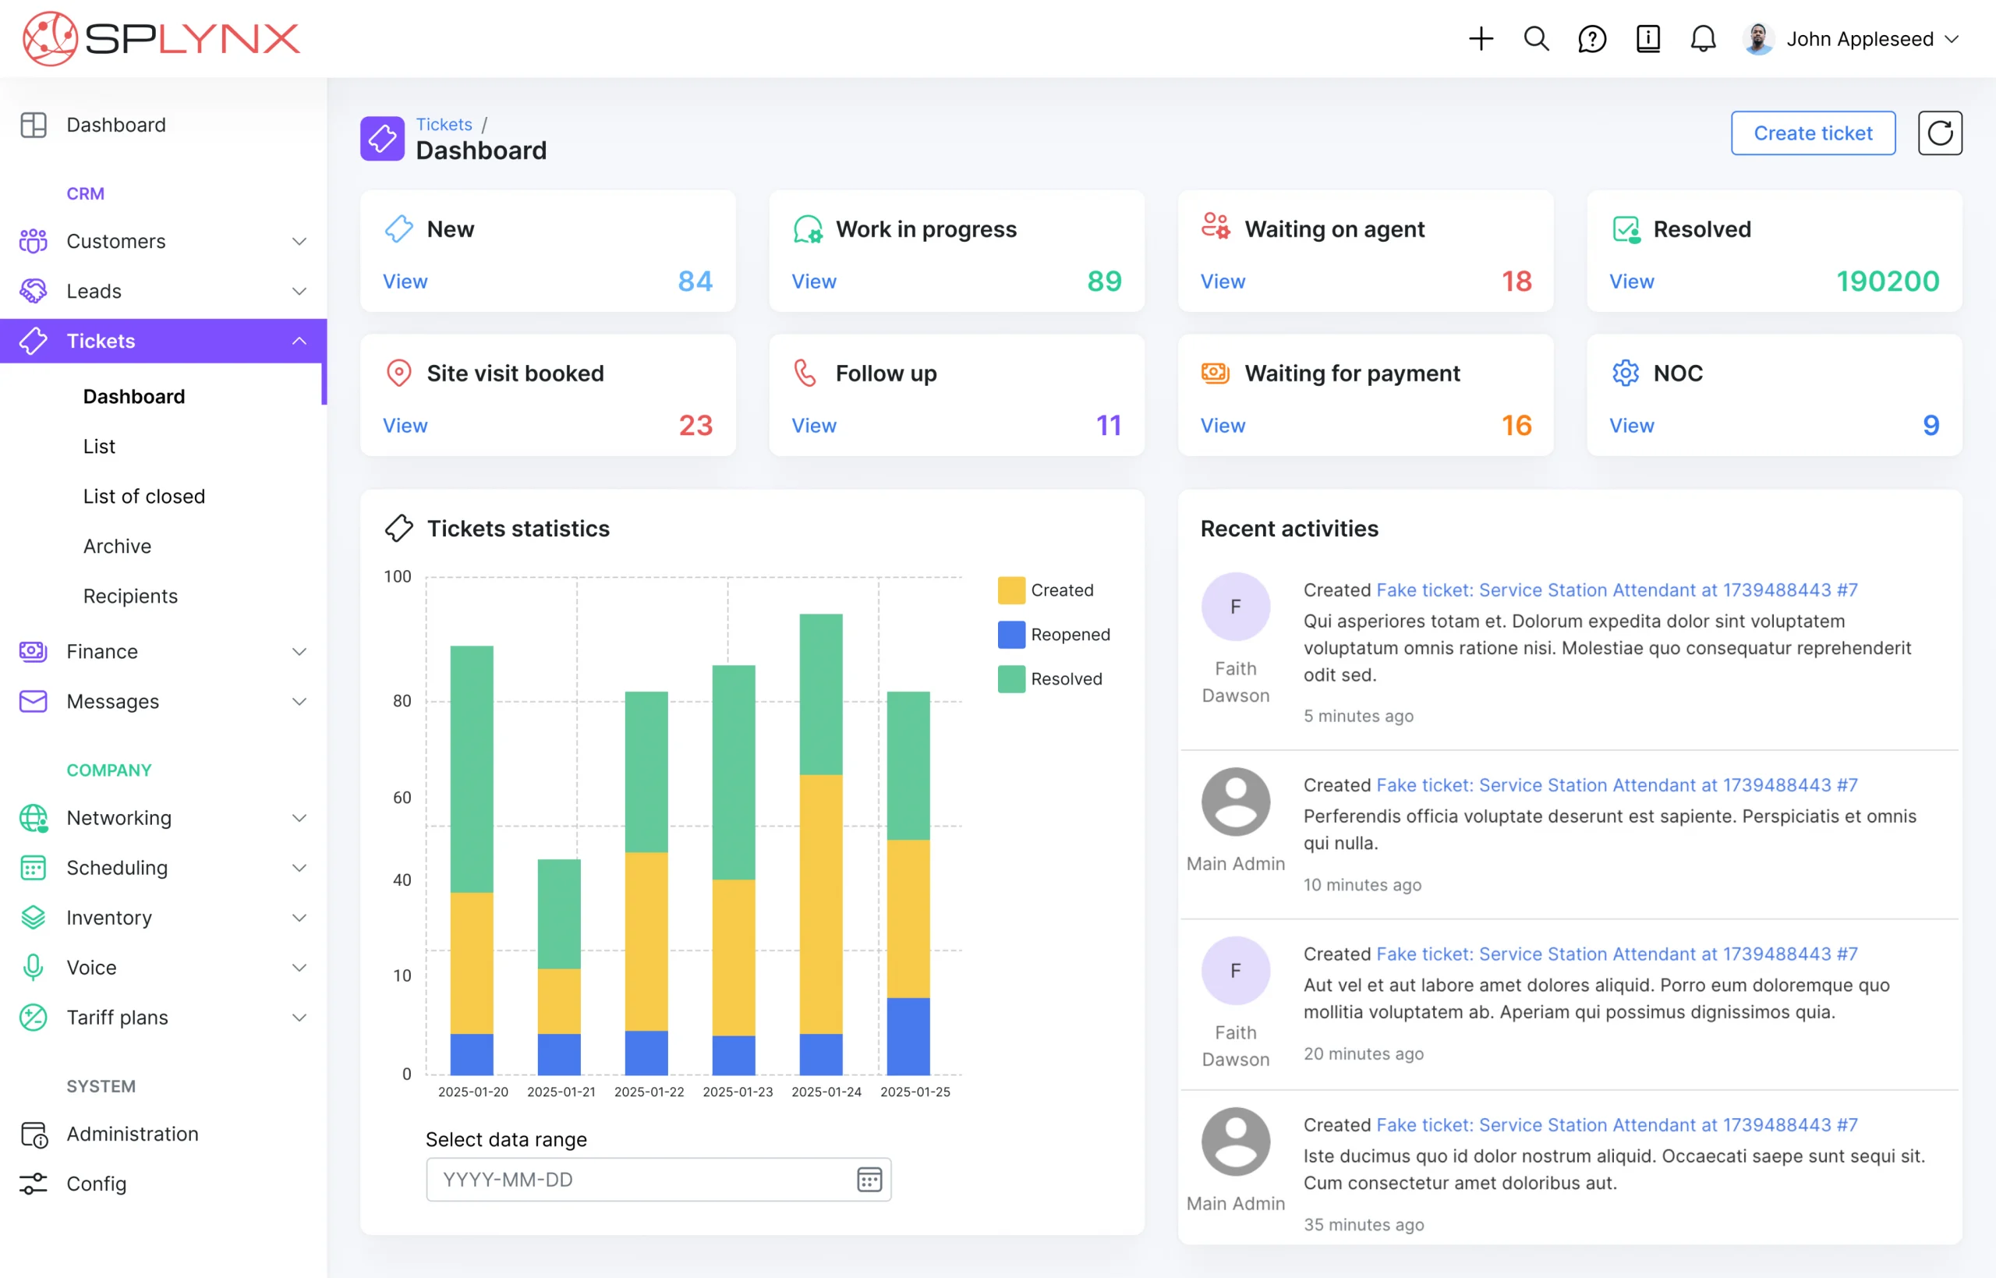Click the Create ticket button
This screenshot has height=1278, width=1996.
tap(1812, 133)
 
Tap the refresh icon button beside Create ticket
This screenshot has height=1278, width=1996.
tap(1939, 133)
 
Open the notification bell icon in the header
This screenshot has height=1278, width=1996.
tap(1702, 39)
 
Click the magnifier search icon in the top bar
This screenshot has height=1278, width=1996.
tap(1535, 39)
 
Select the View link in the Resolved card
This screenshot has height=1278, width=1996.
tap(1630, 281)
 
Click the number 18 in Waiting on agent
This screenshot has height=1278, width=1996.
tap(1516, 281)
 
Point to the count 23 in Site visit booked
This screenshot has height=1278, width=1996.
tap(695, 426)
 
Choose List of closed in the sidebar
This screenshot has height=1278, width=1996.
tap(143, 496)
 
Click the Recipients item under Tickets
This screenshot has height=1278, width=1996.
tap(130, 596)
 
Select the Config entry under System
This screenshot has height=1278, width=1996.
tap(96, 1184)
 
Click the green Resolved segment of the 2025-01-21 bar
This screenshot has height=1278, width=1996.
tap(558, 913)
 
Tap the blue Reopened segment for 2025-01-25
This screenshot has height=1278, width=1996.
tap(908, 1035)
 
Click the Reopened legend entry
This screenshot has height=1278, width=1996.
tap(1053, 635)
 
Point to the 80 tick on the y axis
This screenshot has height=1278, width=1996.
tap(402, 701)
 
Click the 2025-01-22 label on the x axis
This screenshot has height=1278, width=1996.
tap(649, 1092)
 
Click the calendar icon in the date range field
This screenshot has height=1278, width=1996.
tap(869, 1179)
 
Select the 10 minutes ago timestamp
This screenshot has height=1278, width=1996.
tap(1361, 885)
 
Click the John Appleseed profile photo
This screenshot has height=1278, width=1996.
tap(1758, 39)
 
